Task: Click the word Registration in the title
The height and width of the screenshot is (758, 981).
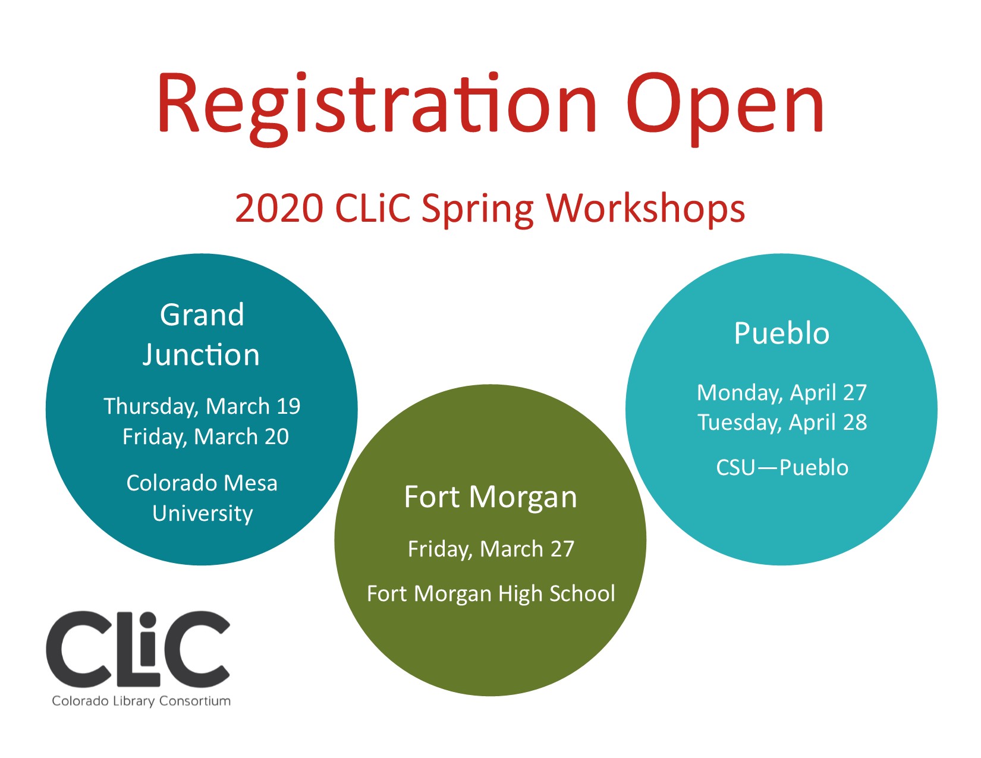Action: [377, 108]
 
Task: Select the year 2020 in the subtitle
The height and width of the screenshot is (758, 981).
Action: [279, 209]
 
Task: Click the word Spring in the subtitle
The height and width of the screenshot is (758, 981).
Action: [477, 210]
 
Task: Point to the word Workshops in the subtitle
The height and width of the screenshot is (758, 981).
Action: [645, 209]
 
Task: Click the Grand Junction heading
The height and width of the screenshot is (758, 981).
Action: [202, 335]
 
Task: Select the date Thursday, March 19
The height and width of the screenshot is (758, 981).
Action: [202, 407]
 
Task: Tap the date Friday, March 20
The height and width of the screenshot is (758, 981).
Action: [205, 437]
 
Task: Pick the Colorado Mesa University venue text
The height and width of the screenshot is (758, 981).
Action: [202, 498]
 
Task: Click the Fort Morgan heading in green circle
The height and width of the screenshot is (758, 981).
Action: [491, 498]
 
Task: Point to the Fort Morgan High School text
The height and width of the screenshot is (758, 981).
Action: [491, 594]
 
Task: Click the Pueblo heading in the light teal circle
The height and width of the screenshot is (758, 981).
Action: [781, 334]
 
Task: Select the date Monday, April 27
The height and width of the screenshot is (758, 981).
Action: [781, 393]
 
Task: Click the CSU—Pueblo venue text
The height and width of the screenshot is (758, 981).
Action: [782, 467]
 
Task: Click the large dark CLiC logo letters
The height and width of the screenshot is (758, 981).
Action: [138, 650]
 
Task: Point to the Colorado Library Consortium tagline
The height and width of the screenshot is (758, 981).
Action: [142, 701]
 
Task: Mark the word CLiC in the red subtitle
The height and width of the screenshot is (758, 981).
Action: [373, 209]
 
